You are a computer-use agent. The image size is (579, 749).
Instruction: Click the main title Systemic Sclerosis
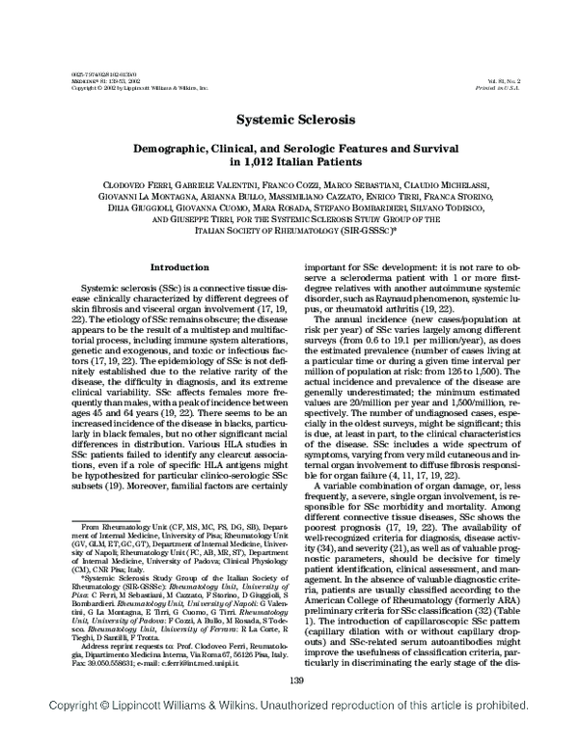(289, 123)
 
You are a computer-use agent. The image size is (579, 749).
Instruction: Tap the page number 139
(289, 707)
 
